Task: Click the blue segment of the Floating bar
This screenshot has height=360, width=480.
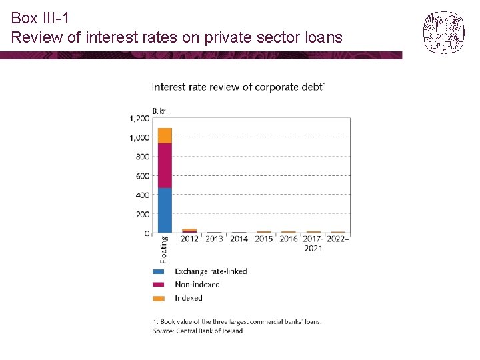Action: pos(165,210)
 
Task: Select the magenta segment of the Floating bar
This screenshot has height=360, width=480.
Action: pos(165,165)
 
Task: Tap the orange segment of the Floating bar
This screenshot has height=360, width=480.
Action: pos(165,135)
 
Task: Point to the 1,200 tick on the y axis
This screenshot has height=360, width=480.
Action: pos(139,119)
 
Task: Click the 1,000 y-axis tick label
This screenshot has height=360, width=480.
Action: pos(139,138)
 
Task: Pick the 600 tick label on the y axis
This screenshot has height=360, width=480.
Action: pos(142,176)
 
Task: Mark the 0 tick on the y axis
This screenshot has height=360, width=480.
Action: pos(147,233)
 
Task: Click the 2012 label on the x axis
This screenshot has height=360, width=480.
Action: pos(189,239)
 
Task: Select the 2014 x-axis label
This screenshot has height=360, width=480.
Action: pos(239,239)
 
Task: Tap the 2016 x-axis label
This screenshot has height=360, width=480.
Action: pos(289,239)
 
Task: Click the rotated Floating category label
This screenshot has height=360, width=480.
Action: pos(164,249)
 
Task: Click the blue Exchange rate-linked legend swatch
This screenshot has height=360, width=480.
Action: pos(159,272)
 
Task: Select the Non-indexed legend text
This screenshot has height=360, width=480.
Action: pos(197,285)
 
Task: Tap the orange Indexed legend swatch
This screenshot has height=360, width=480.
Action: pos(159,298)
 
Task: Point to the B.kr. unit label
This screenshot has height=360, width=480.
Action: pos(159,111)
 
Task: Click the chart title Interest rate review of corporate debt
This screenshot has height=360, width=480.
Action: pos(238,87)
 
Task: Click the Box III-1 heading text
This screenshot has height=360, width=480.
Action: pos(40,19)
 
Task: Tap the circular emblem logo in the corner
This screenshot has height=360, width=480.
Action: pos(443,32)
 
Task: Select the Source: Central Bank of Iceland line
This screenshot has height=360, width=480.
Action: pos(199,331)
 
